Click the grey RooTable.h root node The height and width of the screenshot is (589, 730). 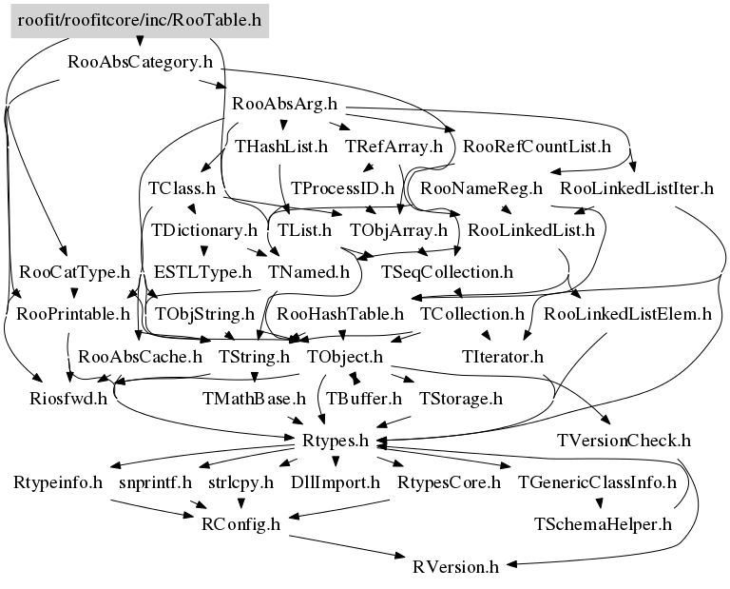tap(140, 18)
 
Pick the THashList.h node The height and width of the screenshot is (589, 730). tap(281, 147)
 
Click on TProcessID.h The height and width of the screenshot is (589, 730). tap(342, 188)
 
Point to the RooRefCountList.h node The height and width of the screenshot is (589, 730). tap(536, 147)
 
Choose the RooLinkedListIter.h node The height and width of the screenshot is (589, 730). tap(637, 188)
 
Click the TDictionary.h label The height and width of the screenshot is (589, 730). tap(204, 230)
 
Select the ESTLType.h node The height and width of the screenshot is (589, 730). tap(202, 272)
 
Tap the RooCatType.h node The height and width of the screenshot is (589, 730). tap(74, 272)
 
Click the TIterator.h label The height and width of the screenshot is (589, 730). tap(502, 357)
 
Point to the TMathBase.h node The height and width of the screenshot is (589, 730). tap(255, 398)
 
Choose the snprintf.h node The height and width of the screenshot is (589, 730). tap(155, 482)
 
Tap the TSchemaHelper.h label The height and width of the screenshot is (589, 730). tap(604, 524)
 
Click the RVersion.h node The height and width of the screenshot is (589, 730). tap(455, 567)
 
